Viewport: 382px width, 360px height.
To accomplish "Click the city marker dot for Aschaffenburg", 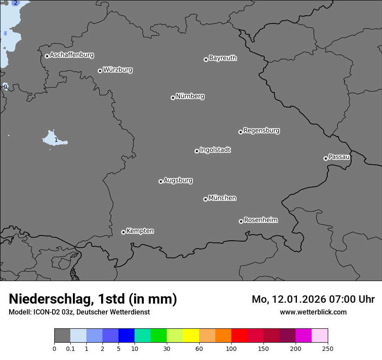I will [x=47, y=56].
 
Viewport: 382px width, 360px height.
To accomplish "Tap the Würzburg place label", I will [x=118, y=69].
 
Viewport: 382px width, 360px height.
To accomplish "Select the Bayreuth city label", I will [x=223, y=58].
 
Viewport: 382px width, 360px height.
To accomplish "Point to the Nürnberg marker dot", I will [x=173, y=98].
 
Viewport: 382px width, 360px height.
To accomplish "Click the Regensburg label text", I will [x=261, y=130].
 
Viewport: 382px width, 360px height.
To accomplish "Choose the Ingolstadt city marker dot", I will [x=197, y=151].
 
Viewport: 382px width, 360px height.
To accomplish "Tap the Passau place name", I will [x=339, y=157].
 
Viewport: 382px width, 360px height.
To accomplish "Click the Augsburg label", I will [x=178, y=180].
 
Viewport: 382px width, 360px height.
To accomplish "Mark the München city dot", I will [x=205, y=199].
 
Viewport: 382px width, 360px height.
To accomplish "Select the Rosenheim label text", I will [x=260, y=220].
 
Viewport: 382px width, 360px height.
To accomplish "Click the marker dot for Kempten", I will [x=123, y=232].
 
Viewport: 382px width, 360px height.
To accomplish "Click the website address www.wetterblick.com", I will [x=313, y=312].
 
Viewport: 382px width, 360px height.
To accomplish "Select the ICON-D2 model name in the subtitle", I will [x=46, y=312].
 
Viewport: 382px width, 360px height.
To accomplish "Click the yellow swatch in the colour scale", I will [x=191, y=336].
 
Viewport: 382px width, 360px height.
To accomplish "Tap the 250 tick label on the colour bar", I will [x=328, y=348].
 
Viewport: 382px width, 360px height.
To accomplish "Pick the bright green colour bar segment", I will [x=158, y=336].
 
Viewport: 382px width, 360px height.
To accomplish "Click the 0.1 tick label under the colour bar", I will [x=70, y=348].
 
